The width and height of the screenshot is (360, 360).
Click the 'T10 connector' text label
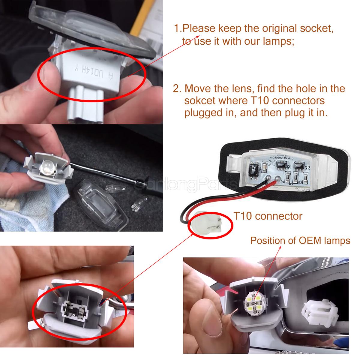(x=268, y=216)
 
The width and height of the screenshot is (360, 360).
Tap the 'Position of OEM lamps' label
(x=300, y=240)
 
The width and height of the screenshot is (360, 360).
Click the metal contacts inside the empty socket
(x=74, y=302)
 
